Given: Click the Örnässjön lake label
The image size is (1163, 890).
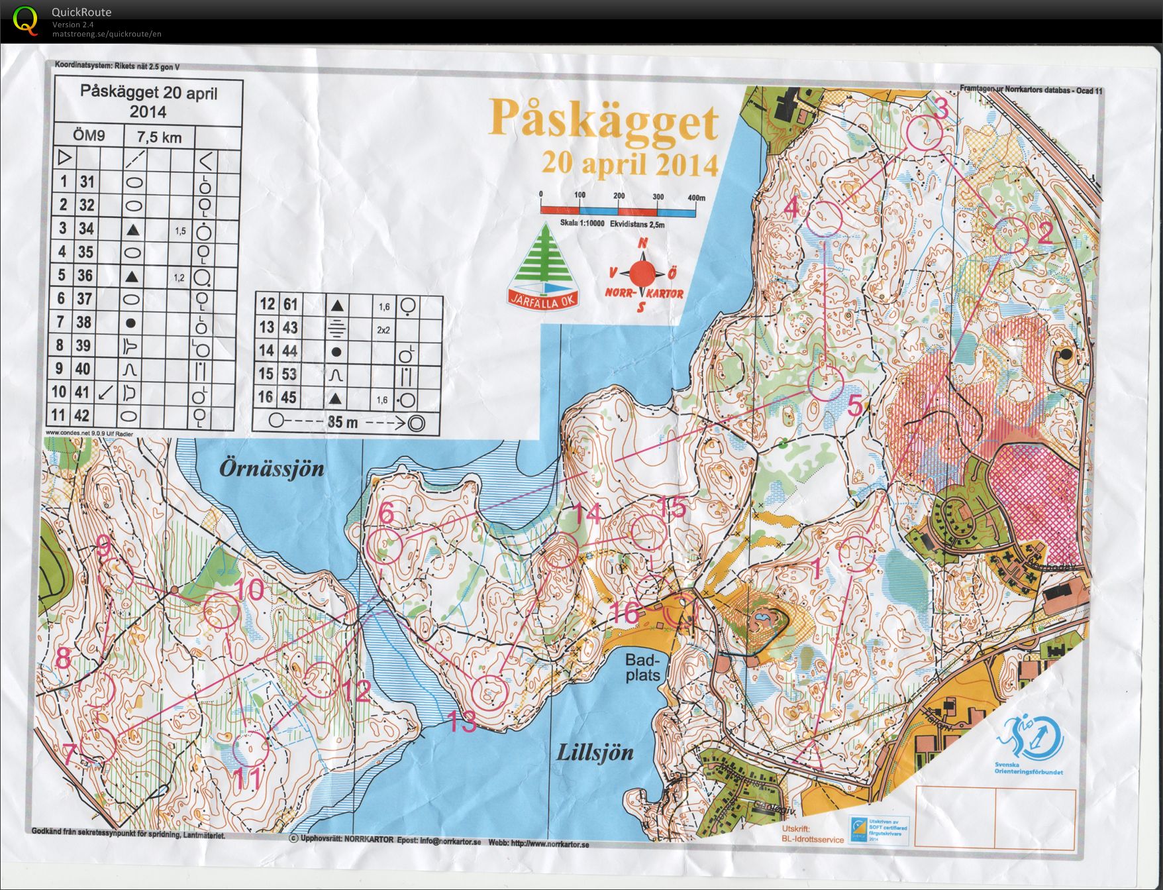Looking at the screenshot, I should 272,469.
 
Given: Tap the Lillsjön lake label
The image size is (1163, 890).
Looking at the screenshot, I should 594,752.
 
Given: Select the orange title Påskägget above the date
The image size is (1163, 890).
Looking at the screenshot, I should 603,121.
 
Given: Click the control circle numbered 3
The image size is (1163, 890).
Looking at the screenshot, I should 923,133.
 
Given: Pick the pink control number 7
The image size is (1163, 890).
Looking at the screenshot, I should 70,751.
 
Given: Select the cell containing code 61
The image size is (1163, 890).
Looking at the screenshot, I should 290,305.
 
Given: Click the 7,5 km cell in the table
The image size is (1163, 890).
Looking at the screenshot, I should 159,137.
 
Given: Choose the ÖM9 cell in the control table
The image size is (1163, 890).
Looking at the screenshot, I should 88,137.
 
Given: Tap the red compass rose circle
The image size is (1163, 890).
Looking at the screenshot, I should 642,273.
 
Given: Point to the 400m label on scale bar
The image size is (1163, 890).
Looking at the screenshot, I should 696,197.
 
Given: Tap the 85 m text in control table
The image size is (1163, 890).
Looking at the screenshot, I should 343,421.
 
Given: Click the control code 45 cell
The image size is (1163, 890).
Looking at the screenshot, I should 289,398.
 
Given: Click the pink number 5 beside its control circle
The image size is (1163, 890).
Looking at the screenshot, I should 855,405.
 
